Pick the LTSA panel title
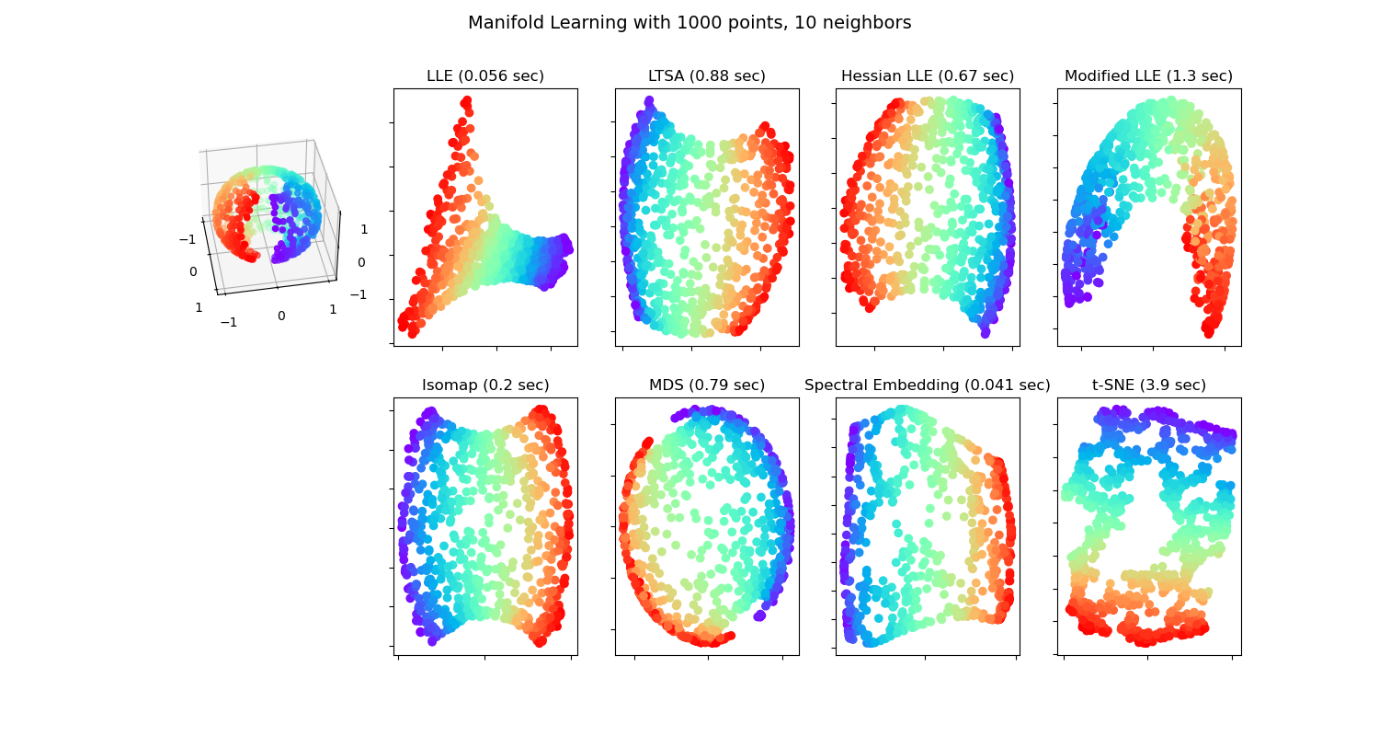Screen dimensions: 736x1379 click(670, 76)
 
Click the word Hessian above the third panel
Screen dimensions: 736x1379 click(870, 76)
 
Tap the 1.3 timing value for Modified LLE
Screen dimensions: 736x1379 click(1183, 76)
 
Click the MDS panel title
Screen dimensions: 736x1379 click(667, 385)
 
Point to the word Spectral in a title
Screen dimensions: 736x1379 click(836, 385)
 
